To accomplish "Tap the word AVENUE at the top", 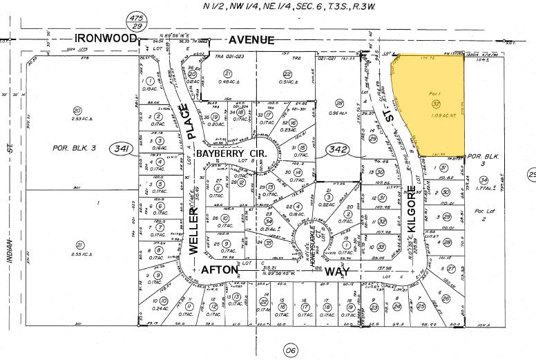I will point(251,40).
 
